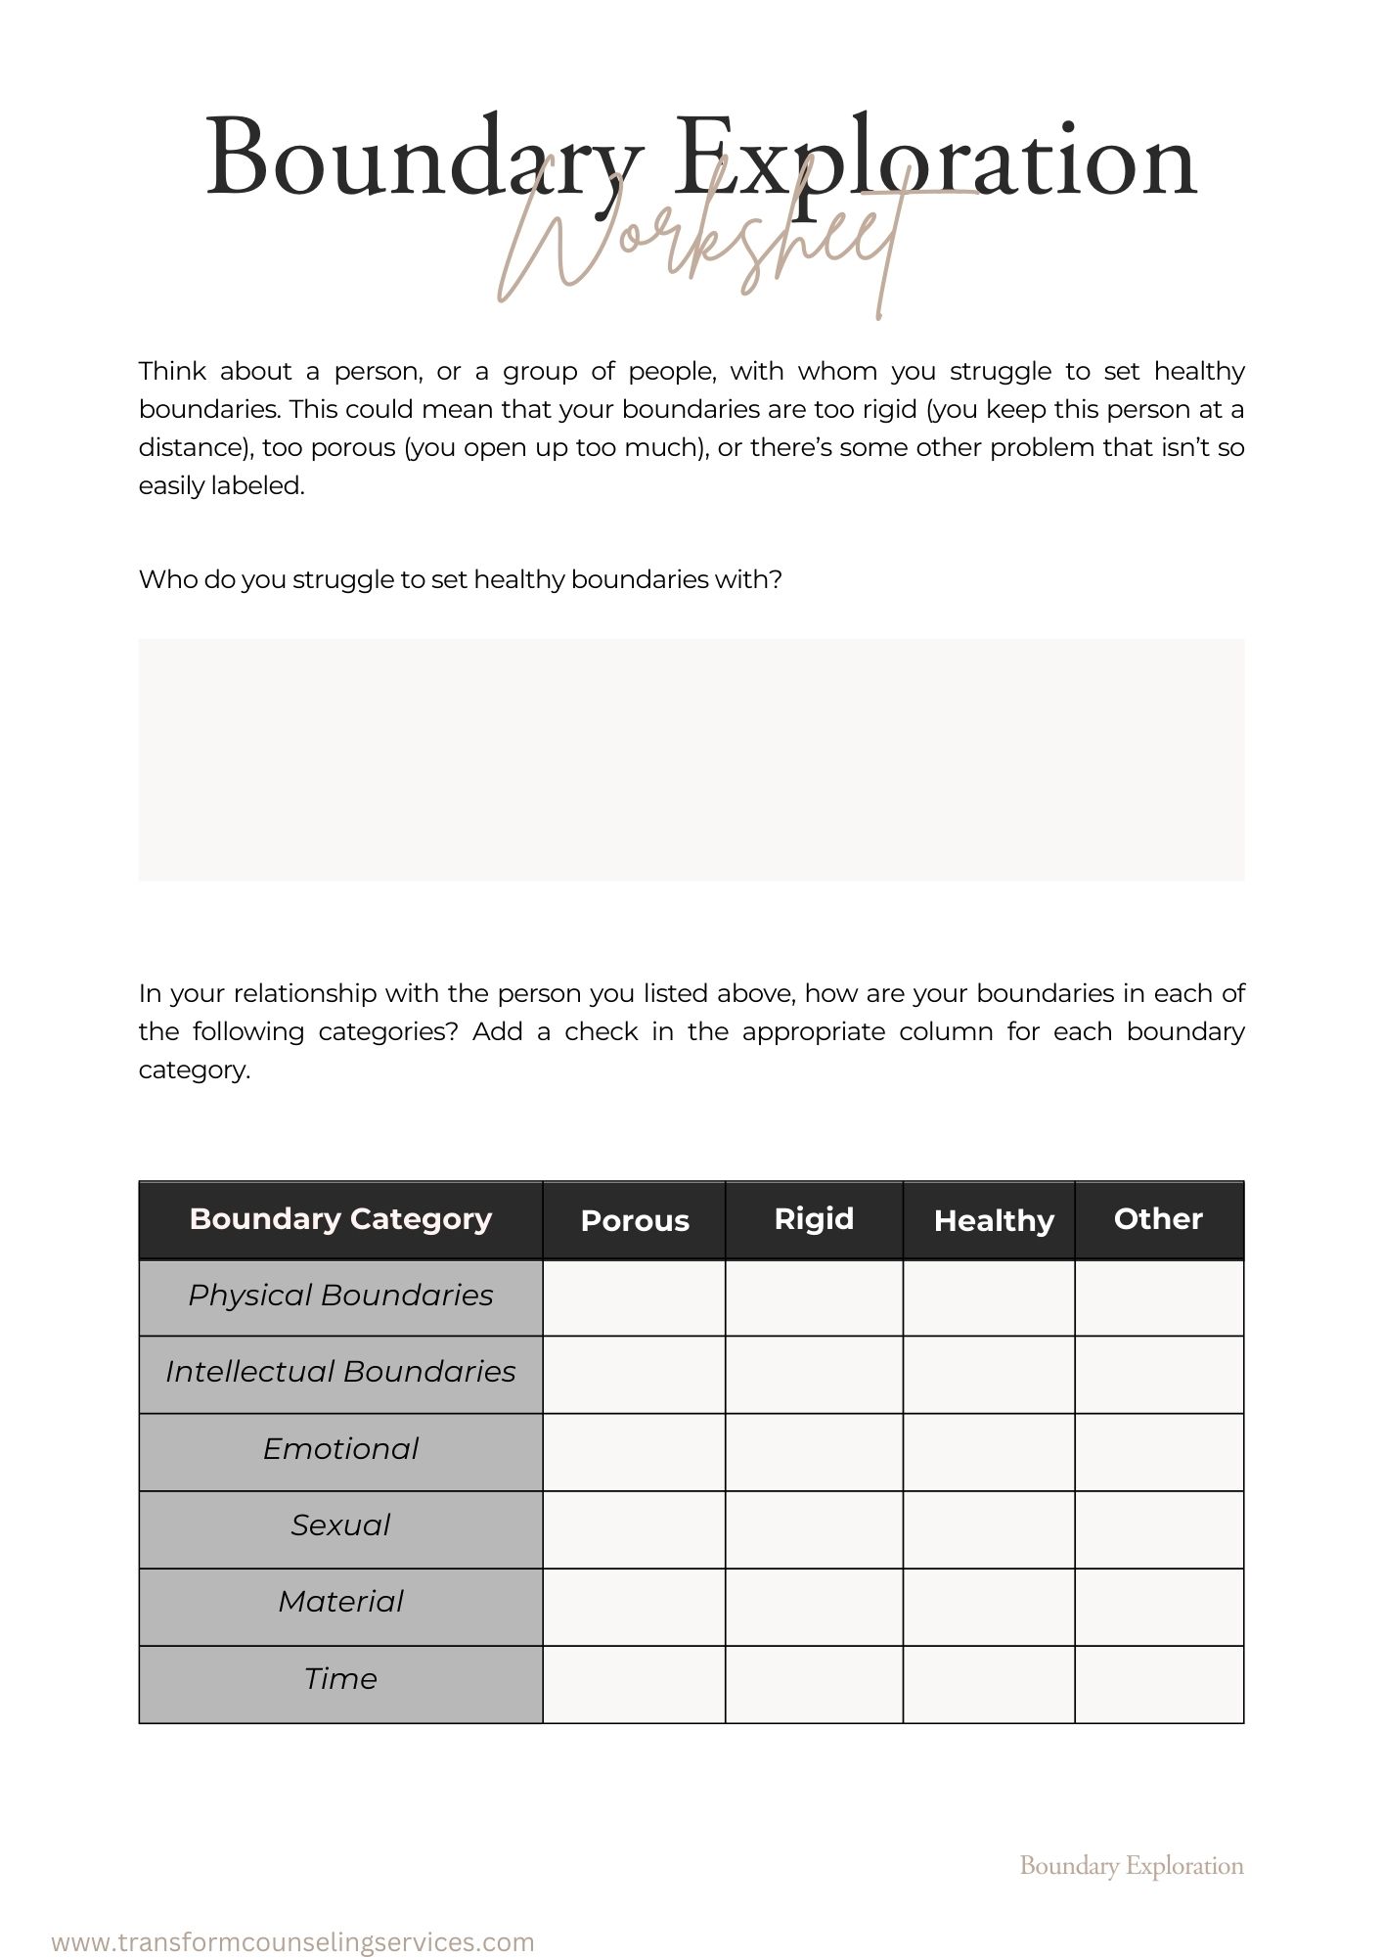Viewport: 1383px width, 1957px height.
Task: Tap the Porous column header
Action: pyautogui.click(x=635, y=1220)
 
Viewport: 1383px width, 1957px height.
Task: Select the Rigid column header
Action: pyautogui.click(x=814, y=1218)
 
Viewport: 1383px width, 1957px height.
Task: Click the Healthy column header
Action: pyautogui.click(x=993, y=1220)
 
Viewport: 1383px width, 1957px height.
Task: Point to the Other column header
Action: pyautogui.click(x=1158, y=1218)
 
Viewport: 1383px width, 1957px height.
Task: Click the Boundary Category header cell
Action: pyautogui.click(x=340, y=1218)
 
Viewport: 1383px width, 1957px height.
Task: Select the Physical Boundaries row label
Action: pyautogui.click(x=340, y=1296)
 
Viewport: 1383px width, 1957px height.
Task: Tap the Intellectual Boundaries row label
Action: pyautogui.click(x=340, y=1372)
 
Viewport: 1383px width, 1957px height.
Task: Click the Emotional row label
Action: pyautogui.click(x=340, y=1449)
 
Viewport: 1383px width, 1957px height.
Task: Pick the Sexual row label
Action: pyautogui.click(x=340, y=1525)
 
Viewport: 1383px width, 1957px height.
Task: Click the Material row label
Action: pyautogui.click(x=340, y=1602)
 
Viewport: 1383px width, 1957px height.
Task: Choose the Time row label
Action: pyautogui.click(x=340, y=1679)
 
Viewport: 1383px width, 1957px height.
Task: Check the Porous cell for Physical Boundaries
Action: pyautogui.click(x=634, y=1297)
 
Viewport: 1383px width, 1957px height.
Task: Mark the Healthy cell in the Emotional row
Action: pyautogui.click(x=989, y=1452)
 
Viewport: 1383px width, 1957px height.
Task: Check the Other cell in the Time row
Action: pyautogui.click(x=1159, y=1684)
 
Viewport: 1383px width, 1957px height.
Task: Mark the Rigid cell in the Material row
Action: pyautogui.click(x=814, y=1607)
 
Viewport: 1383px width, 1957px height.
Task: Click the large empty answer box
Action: pyautogui.click(x=691, y=759)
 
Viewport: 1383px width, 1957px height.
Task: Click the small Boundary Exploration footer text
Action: pyautogui.click(x=1132, y=1866)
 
